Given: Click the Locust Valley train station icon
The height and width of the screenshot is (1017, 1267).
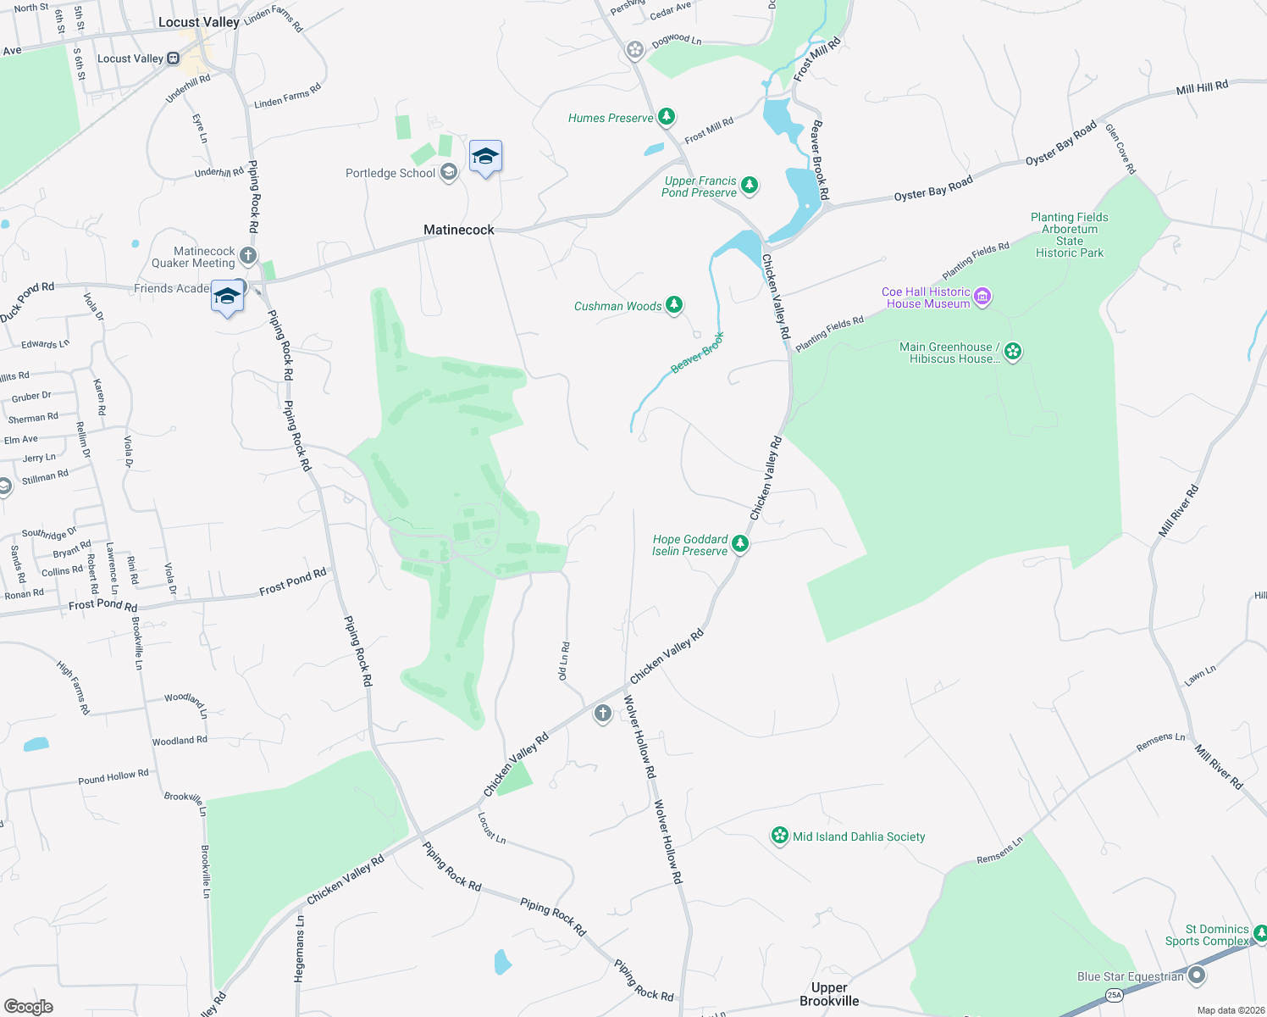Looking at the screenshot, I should point(173,58).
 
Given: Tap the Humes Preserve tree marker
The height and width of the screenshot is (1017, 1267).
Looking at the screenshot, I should point(667,116).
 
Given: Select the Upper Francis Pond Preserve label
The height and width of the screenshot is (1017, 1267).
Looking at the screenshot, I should point(700,187).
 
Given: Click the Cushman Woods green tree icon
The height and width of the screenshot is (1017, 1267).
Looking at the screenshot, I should point(674,304).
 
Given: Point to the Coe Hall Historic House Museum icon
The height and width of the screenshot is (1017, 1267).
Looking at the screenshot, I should point(982,297).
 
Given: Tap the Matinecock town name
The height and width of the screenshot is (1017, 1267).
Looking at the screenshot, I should point(458,230).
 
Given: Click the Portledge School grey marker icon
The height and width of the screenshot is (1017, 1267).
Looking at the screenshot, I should point(449,172).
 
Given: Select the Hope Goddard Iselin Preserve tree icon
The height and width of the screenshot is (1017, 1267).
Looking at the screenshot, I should point(740,543).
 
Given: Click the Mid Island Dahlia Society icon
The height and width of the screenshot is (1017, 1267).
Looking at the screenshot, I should point(779,836).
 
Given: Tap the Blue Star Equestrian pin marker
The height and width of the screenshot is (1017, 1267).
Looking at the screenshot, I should point(1197,975).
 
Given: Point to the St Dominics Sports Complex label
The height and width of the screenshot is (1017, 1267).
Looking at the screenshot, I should point(1207,935).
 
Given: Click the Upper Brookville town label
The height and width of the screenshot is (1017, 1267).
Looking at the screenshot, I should point(829,994).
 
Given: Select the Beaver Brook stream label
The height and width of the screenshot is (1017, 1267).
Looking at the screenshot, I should point(698,353).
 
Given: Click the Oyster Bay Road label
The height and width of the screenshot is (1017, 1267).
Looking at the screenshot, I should point(933,189).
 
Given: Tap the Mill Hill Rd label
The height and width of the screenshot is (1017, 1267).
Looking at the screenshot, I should point(1201,88).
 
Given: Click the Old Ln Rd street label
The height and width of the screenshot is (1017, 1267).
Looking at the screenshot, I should point(563,661).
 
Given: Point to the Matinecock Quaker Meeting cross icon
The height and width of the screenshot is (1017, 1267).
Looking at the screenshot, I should point(247,255).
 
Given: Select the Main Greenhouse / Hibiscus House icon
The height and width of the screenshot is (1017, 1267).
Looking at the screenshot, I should point(1013,352).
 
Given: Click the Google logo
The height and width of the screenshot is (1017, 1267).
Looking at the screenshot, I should point(29,1006).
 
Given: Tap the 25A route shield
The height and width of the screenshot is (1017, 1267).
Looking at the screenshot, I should point(1114,995).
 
